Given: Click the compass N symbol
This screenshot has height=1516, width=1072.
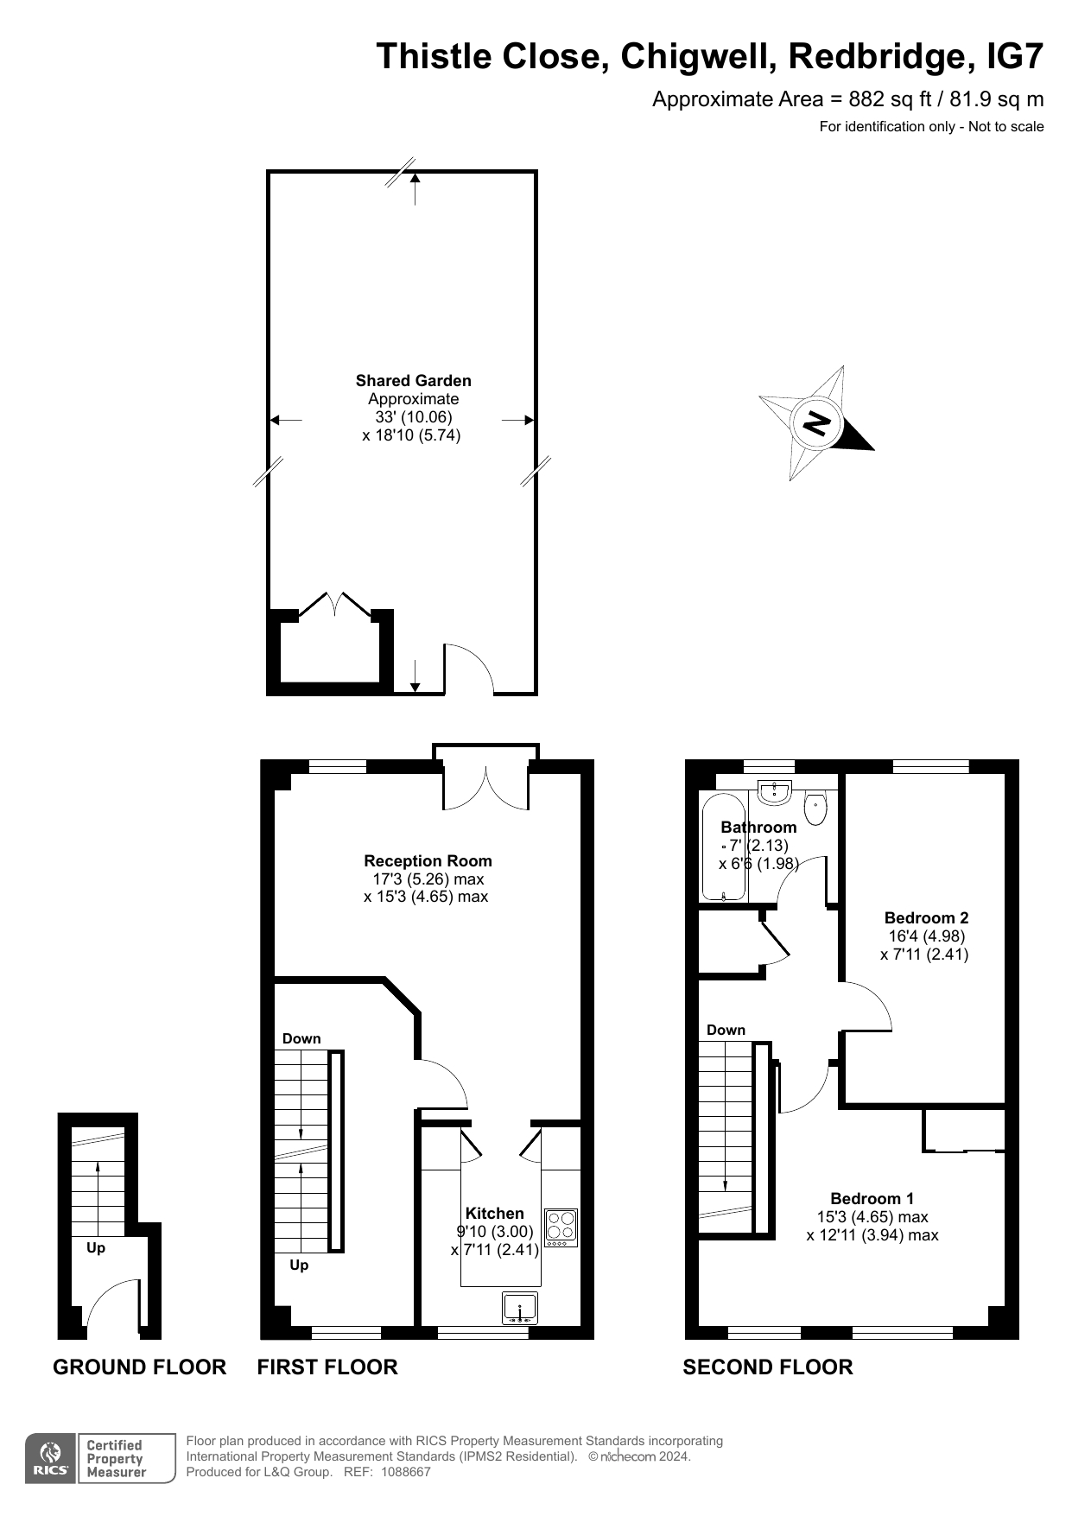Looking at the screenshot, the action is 816,422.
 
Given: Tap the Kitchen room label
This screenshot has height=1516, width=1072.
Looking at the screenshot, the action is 495,1213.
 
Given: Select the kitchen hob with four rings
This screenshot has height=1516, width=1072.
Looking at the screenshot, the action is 561,1227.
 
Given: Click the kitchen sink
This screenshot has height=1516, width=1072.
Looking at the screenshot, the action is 520,1308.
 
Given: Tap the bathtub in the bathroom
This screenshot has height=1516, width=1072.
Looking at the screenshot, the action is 724,847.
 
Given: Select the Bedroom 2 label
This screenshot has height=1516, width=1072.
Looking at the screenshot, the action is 926,917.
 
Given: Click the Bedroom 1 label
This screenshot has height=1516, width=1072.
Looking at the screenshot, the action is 872,1198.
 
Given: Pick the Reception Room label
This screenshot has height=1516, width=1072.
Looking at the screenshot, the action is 428,860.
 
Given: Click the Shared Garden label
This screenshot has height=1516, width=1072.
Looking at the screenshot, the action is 413,380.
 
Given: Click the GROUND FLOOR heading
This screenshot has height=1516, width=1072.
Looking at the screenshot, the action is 139,1367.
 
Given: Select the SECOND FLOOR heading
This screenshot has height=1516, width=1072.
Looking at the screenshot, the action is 768,1367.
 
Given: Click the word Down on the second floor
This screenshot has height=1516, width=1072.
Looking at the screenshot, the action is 726,1030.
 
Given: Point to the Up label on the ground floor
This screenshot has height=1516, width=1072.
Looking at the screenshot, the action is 96,1247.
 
